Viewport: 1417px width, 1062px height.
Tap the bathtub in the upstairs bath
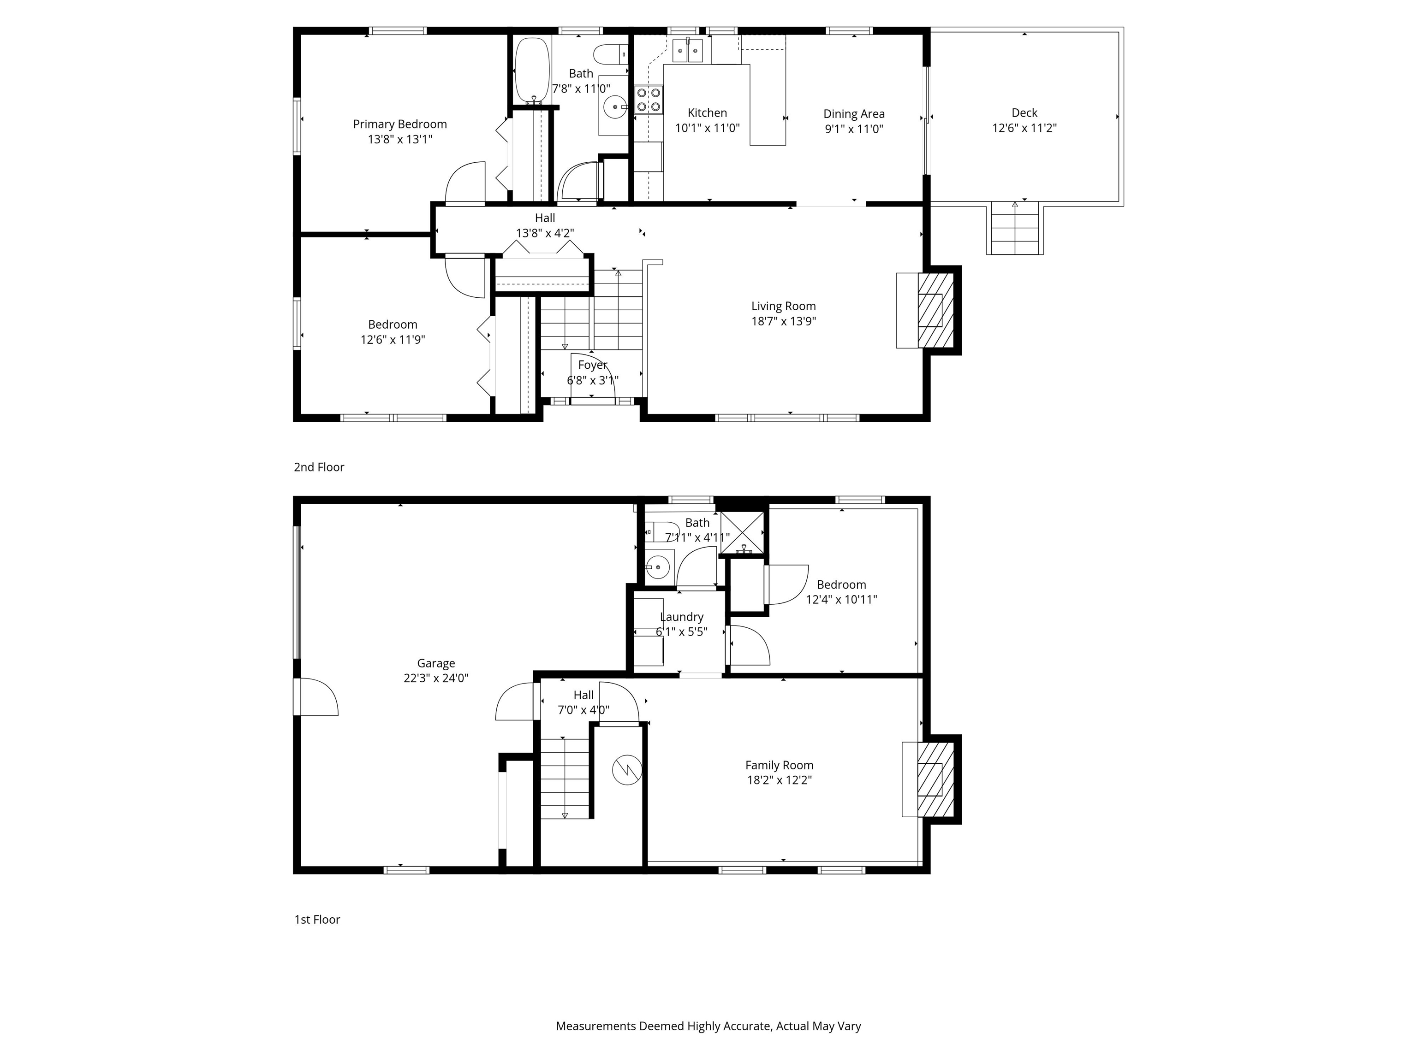532,71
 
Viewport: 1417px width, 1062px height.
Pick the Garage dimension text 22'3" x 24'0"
435,678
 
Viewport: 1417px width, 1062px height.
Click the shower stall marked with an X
743,532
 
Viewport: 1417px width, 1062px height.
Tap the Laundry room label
682,617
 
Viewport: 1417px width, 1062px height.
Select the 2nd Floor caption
319,467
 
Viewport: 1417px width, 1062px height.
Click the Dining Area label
853,114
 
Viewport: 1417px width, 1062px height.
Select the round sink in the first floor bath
657,566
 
